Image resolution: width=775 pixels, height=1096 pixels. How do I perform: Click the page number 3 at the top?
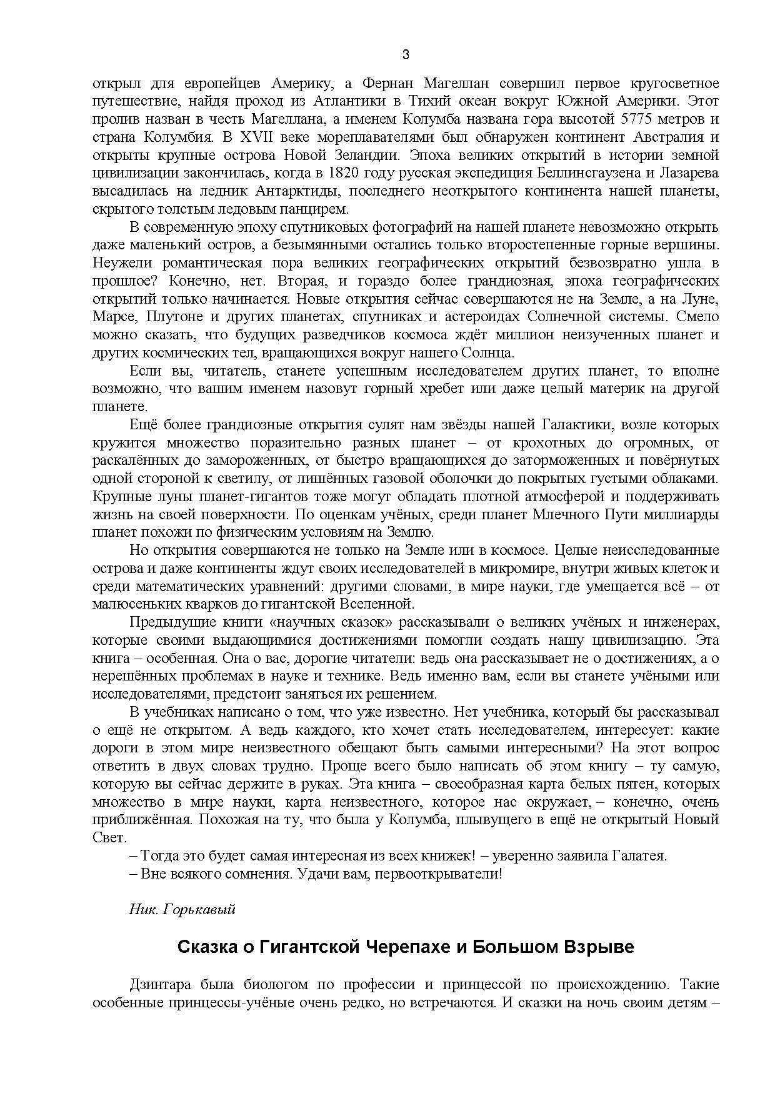pyautogui.click(x=406, y=54)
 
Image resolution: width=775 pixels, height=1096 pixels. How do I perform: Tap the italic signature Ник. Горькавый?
pyautogui.click(x=182, y=910)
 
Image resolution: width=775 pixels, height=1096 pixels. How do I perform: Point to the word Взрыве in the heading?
pyautogui.click(x=599, y=947)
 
